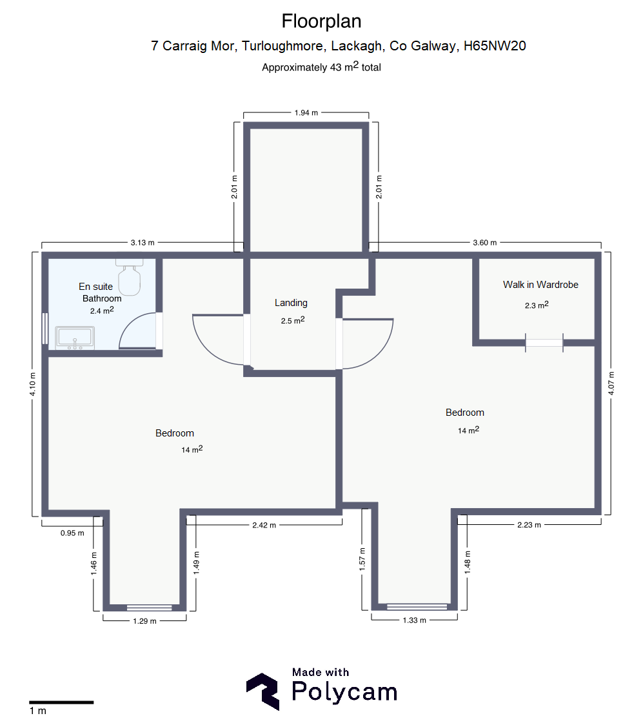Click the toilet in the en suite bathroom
click(129, 277)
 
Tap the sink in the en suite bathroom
click(75, 338)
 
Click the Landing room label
click(291, 303)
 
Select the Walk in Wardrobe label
click(540, 285)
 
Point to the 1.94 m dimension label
click(306, 113)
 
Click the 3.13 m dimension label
click(143, 243)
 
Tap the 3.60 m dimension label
click(484, 243)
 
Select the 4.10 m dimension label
click(32, 384)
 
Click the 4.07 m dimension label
click(611, 384)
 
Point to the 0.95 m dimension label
click(72, 533)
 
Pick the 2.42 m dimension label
click(264, 526)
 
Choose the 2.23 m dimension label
click(529, 525)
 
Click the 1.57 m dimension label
click(362, 559)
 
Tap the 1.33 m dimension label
click(414, 620)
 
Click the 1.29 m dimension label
click(144, 621)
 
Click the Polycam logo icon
click(262, 691)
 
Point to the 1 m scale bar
click(61, 702)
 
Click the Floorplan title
click(321, 21)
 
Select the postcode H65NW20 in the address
click(495, 46)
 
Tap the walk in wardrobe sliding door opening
click(544, 343)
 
